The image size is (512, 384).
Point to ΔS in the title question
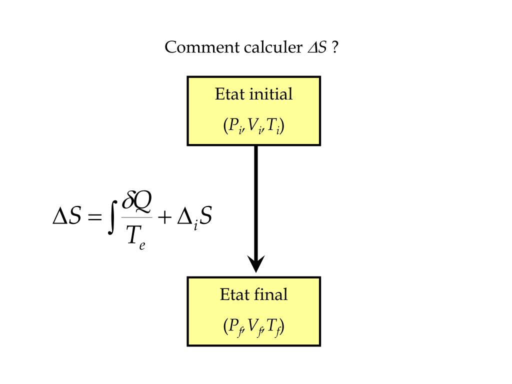[x=316, y=48]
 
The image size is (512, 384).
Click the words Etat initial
[x=253, y=94]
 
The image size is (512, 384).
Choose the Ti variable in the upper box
[x=272, y=126]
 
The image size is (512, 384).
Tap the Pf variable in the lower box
[x=234, y=327]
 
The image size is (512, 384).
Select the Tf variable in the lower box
[x=273, y=327]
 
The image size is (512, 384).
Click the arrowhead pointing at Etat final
[x=256, y=263]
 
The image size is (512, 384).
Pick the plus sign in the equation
[x=164, y=219]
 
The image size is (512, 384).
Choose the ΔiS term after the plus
[x=195, y=219]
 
